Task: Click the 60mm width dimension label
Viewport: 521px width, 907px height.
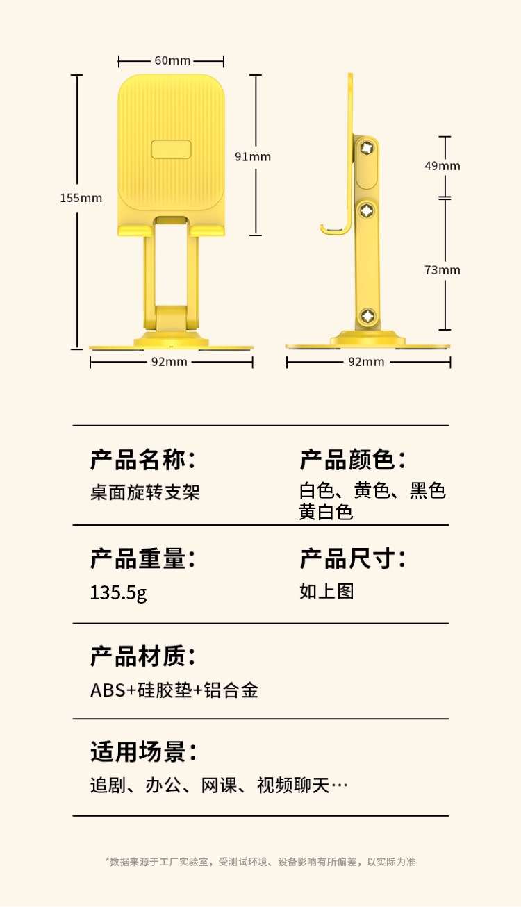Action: (172, 60)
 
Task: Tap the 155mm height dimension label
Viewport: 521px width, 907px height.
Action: (81, 198)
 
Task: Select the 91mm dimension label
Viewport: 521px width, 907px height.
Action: (253, 156)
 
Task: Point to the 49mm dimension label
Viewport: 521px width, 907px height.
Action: (443, 165)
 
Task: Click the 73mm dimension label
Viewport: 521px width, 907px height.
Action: (443, 269)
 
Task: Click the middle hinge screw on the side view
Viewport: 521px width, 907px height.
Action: (367, 210)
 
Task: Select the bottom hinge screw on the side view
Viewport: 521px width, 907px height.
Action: (368, 316)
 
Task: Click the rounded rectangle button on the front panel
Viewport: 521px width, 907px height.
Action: (171, 149)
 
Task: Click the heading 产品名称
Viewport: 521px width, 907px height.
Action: (143, 460)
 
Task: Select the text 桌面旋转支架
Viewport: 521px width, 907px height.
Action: (145, 492)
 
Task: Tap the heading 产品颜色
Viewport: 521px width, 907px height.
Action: (353, 460)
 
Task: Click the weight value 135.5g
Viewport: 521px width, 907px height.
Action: (118, 592)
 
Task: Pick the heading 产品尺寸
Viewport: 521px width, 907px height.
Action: (353, 558)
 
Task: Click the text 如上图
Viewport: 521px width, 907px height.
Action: (326, 591)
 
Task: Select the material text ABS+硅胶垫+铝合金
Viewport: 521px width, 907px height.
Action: (174, 690)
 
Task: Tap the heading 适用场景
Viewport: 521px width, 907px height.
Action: (143, 751)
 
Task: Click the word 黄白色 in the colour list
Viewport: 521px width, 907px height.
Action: (326, 512)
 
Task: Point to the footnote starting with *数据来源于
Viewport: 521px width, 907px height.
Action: (260, 862)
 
